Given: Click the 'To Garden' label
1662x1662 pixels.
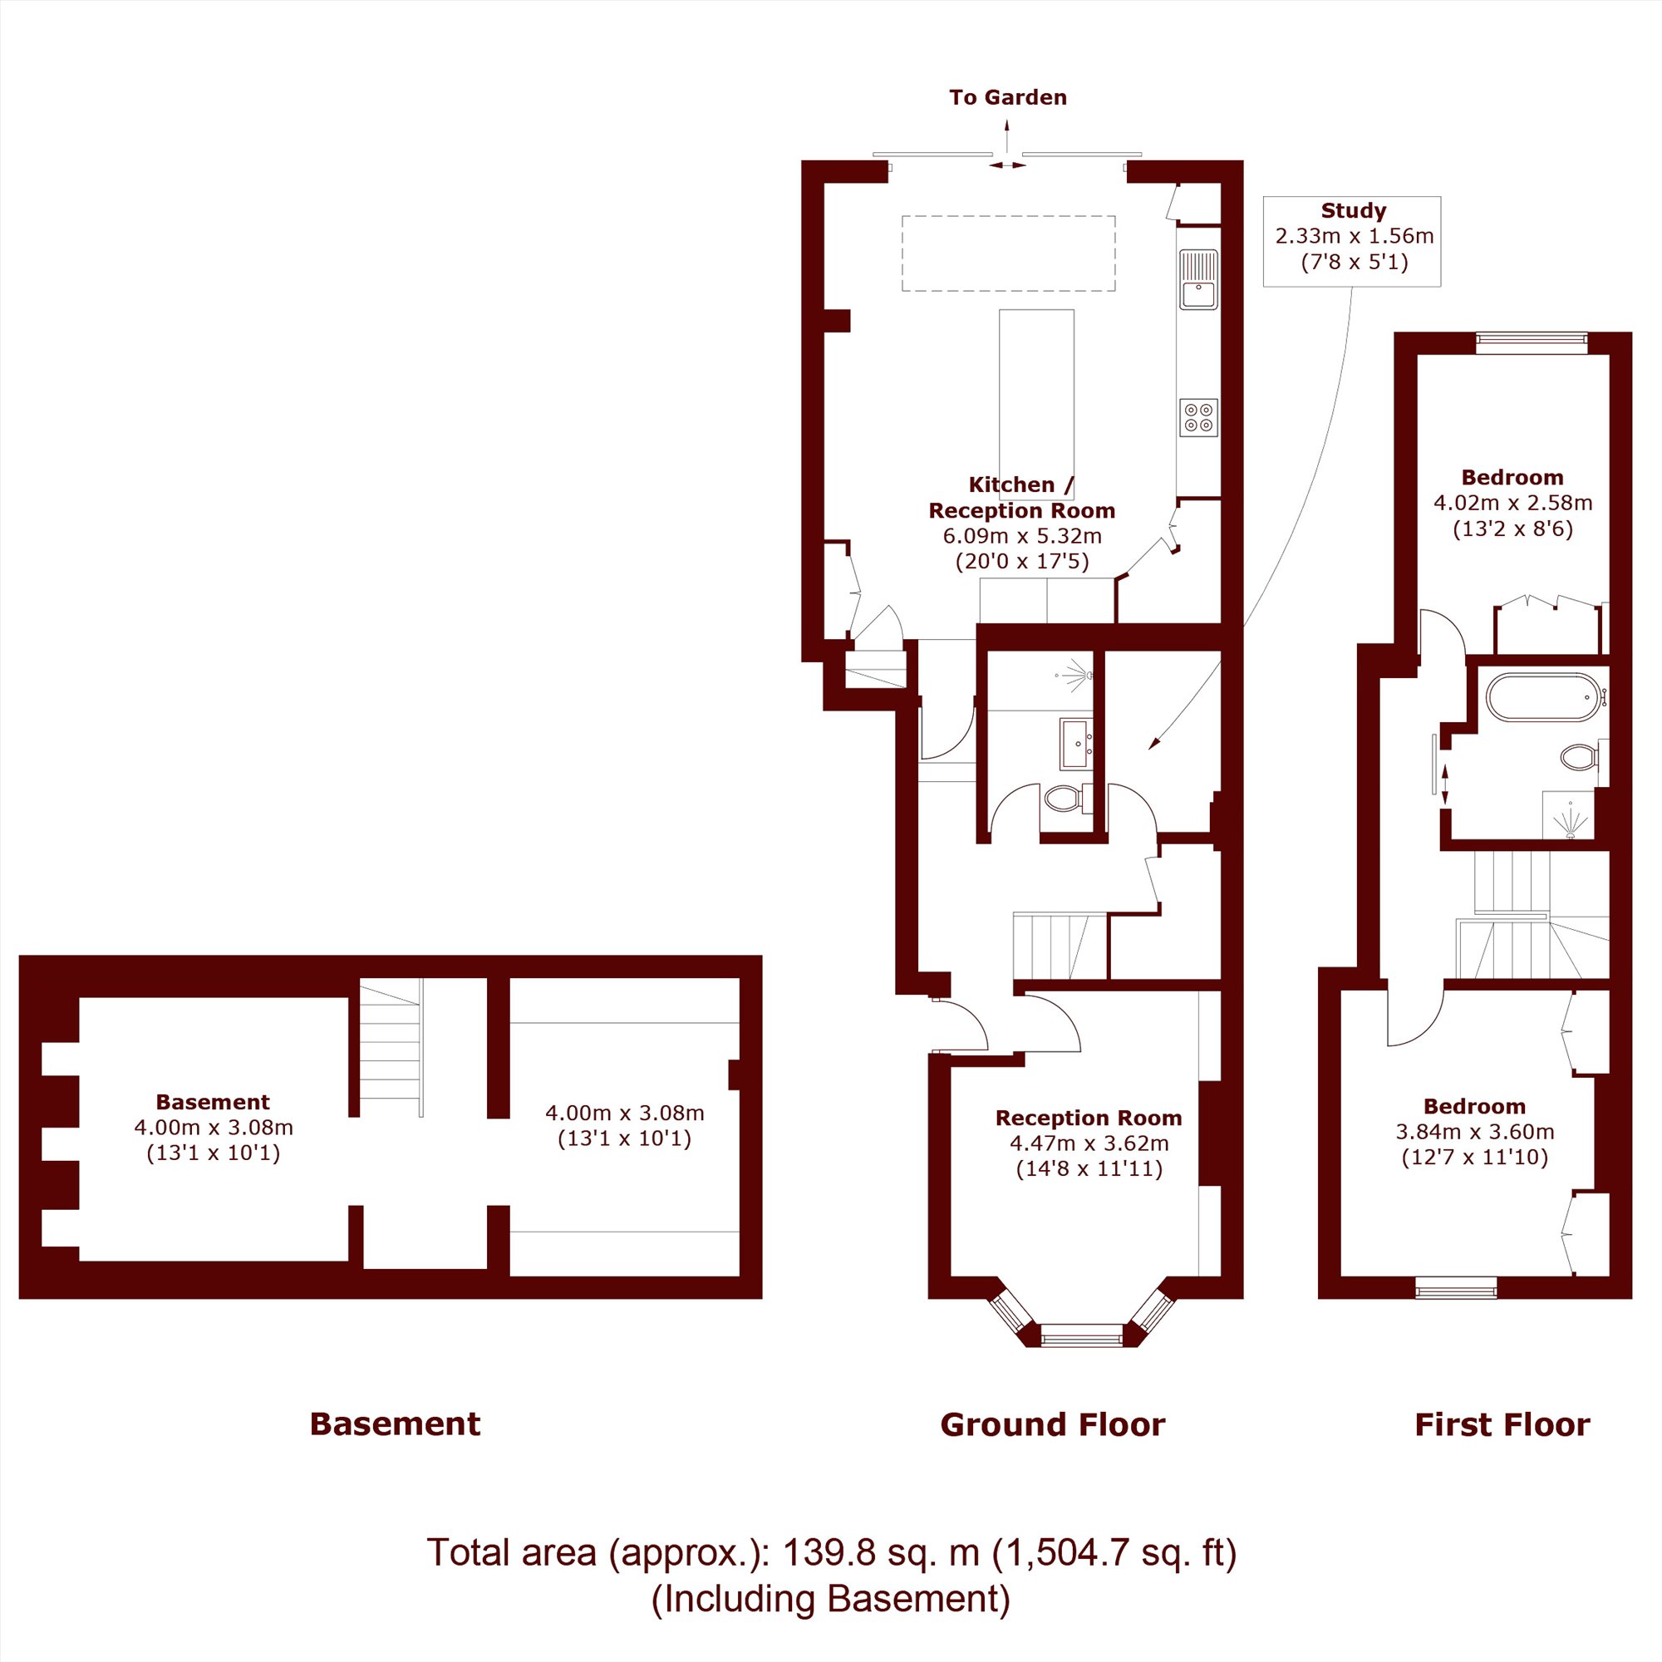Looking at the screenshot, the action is (x=1007, y=97).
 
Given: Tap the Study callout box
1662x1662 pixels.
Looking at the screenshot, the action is (x=1351, y=241).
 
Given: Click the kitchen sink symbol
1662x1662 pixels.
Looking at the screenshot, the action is (x=1198, y=279).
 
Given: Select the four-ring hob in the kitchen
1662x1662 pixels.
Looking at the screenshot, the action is (x=1198, y=417).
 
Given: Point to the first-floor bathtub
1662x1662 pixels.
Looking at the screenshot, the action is (x=1544, y=698).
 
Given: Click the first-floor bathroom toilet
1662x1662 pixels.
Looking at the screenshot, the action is (x=1580, y=757).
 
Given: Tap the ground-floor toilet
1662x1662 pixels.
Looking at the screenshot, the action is (x=1068, y=799).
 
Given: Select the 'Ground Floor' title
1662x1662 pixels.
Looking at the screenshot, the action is (x=1052, y=1424).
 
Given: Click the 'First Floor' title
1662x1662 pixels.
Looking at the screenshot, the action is (x=1502, y=1424).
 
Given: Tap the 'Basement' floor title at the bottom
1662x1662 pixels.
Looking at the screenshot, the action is (x=395, y=1424).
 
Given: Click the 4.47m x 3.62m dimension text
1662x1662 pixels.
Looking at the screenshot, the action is (x=1089, y=1143).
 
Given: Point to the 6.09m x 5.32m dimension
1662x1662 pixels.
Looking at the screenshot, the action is (x=1022, y=536).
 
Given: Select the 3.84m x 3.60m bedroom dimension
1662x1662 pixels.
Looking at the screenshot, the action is (x=1474, y=1131).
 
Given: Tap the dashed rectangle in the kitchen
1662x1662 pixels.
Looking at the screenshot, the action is (x=1008, y=253).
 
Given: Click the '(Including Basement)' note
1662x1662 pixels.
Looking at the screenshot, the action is (x=831, y=1598).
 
